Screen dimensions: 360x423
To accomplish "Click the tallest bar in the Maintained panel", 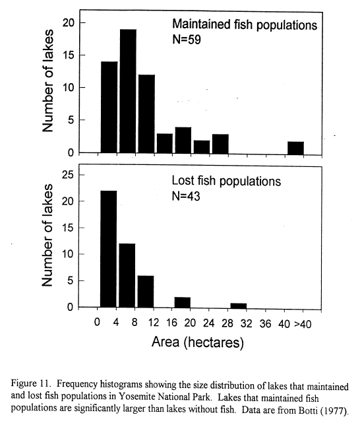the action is [128, 91].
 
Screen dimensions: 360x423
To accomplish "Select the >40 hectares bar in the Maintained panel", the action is [295, 148].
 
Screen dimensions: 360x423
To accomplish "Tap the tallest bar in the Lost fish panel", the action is [109, 249].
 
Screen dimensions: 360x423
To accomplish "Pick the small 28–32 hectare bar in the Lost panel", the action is [239, 306].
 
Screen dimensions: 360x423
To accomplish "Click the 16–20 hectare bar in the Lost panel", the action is [183, 303].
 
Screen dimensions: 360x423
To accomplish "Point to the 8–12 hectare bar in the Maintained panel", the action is [146, 114].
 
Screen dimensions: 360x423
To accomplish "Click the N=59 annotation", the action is [187, 40].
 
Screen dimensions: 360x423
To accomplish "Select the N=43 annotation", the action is [186, 196].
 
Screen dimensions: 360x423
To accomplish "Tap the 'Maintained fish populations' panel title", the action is [245, 25].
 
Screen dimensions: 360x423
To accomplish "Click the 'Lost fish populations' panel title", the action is [226, 181].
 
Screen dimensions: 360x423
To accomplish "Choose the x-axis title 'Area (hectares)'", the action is [198, 342].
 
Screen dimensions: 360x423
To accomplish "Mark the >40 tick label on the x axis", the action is [303, 324].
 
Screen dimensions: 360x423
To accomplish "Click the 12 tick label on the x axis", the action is [154, 323].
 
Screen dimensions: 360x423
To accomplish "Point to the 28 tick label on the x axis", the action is [227, 323].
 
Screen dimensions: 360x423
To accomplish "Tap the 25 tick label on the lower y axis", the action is [67, 175].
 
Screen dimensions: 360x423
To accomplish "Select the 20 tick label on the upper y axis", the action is [68, 23].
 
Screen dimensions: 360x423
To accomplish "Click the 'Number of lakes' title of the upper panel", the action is [48, 81].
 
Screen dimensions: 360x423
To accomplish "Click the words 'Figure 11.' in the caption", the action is [31, 384].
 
